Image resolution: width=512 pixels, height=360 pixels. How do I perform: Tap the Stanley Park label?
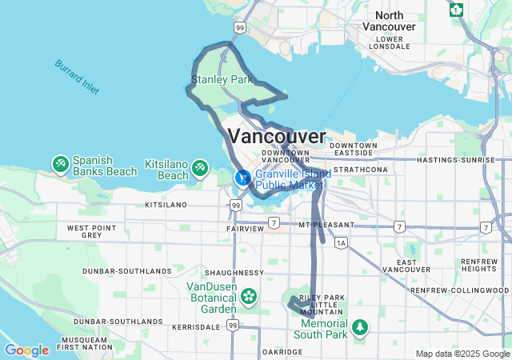point(222,80)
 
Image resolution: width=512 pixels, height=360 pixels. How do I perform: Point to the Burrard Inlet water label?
point(78,77)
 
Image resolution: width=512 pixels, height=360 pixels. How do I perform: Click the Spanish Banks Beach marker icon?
point(60,164)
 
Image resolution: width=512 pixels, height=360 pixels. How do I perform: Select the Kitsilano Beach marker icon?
point(199,169)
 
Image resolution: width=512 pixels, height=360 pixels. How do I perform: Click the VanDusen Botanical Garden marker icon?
point(249,298)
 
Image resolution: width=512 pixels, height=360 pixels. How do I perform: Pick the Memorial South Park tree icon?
point(361,326)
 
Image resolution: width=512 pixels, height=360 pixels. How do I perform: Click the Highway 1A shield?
point(342,242)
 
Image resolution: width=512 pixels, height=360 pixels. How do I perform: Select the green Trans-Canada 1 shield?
point(456,10)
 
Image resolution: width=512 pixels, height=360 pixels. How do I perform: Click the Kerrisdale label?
point(195,327)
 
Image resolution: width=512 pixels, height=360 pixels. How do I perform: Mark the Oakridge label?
point(282,351)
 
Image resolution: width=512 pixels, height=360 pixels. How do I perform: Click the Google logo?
point(26,350)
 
